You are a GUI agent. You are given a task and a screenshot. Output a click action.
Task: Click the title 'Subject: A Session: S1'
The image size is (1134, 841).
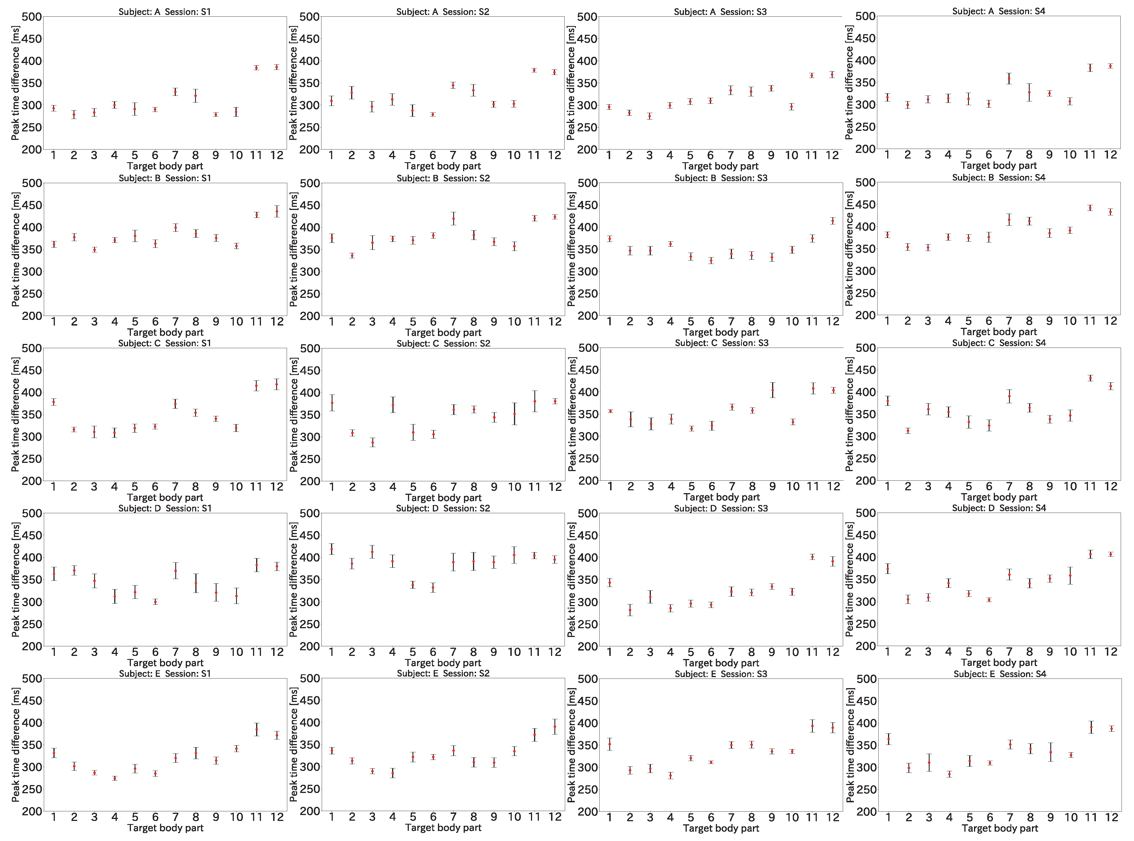pyautogui.click(x=165, y=11)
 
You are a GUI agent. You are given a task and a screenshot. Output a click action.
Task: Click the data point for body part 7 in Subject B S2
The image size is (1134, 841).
pyautogui.click(x=453, y=218)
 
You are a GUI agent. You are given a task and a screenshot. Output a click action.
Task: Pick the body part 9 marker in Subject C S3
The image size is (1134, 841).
pyautogui.click(x=772, y=391)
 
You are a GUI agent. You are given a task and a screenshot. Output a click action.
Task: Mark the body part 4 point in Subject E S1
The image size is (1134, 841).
pyautogui.click(x=115, y=778)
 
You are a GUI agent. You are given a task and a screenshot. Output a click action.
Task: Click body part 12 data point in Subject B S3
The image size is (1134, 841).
pyautogui.click(x=833, y=221)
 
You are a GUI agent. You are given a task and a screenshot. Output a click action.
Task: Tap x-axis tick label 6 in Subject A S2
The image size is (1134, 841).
pyautogui.click(x=433, y=155)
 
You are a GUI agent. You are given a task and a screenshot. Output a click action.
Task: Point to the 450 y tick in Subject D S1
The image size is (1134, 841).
pyautogui.click(x=32, y=536)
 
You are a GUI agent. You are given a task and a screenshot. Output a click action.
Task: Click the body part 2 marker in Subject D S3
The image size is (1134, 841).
pyautogui.click(x=630, y=610)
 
